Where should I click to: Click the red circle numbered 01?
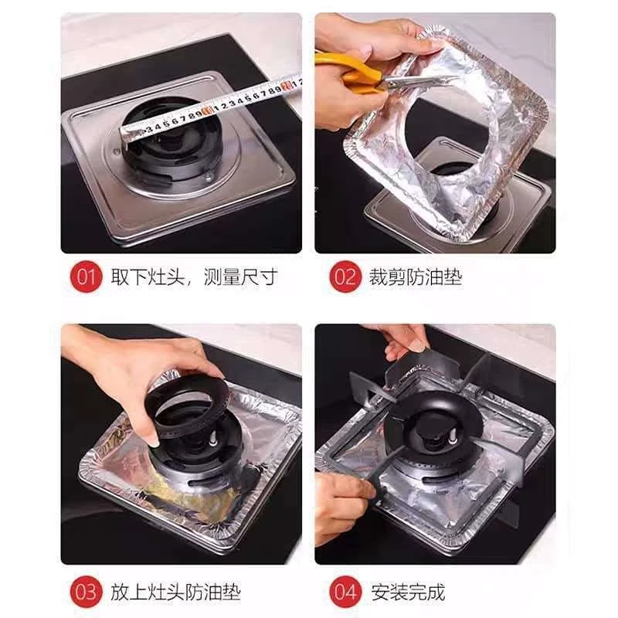coord(86,277)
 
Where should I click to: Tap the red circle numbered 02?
coord(345,277)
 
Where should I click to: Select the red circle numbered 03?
coord(86,592)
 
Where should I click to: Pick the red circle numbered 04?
coord(345,592)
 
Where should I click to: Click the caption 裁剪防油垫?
coord(415,277)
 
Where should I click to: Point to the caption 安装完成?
coord(408,592)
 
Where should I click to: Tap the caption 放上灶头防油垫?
coord(175,592)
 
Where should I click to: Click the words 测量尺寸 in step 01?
coord(240,277)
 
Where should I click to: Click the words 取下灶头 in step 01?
coord(148,277)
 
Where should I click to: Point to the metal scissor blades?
coord(418,82)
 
